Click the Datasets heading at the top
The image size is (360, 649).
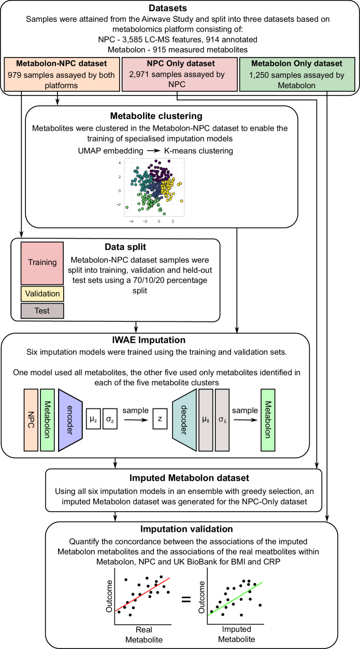coord(168,8)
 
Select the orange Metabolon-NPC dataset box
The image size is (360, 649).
coord(62,74)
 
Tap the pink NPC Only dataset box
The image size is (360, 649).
coord(180,74)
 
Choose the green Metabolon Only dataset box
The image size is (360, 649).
coord(297,74)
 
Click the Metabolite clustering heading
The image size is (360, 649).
coord(156,116)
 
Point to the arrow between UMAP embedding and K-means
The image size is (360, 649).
coord(153,151)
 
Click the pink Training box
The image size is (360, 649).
coord(42,263)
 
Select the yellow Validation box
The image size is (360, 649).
coord(42,294)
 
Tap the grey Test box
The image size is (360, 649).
coord(42,311)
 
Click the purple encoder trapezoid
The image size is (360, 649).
coord(70,420)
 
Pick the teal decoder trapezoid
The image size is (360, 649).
coord(184,420)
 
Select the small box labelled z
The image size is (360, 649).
coord(160,419)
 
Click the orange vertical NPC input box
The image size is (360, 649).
coord(31,420)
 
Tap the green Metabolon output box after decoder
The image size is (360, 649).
coord(268,420)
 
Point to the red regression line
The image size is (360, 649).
coord(142,594)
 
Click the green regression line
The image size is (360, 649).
coord(235,599)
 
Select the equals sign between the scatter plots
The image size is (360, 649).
coord(186,599)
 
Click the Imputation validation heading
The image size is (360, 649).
coord(186,529)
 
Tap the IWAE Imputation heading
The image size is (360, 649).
coord(149,340)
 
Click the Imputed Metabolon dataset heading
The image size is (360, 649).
coord(189,478)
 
